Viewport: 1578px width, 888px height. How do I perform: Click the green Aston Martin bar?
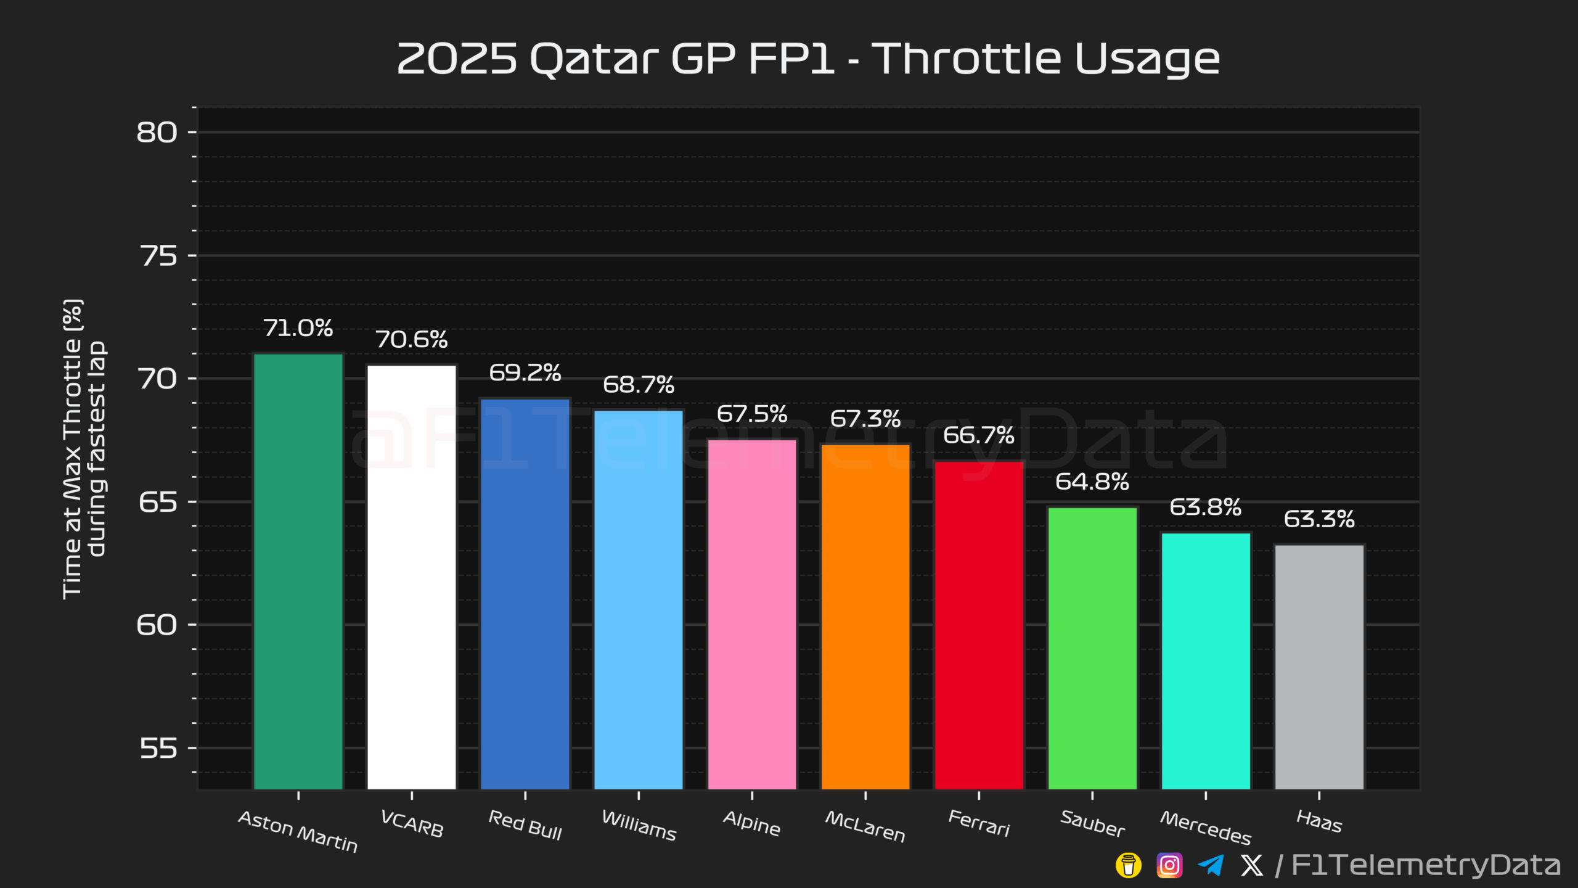(298, 571)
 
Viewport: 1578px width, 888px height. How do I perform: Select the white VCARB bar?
(412, 577)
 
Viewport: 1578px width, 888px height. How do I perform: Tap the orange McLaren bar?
(865, 617)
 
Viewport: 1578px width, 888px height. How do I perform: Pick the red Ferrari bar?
(979, 625)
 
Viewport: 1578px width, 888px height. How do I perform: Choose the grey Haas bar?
(1319, 667)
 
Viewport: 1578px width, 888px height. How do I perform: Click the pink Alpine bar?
(752, 614)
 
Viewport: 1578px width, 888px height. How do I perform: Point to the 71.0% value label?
(298, 328)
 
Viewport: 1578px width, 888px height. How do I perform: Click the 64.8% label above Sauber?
(1092, 482)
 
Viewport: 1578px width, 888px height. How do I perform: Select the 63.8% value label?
(1206, 508)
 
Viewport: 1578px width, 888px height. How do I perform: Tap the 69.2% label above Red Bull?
(525, 372)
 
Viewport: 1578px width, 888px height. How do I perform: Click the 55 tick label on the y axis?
(158, 748)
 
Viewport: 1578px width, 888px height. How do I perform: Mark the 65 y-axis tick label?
(158, 502)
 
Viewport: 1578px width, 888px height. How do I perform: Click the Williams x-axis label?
(639, 825)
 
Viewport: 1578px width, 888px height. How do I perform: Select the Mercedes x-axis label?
(1206, 828)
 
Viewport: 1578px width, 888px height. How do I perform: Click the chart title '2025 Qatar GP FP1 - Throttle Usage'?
(808, 59)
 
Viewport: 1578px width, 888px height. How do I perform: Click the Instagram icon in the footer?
(1169, 865)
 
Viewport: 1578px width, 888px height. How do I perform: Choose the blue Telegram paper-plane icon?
(1211, 865)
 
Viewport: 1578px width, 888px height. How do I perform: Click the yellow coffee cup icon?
(1129, 865)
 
